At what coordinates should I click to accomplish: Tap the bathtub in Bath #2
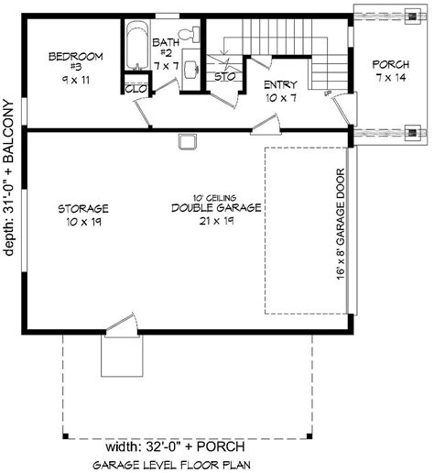point(136,46)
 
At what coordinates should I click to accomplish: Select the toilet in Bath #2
point(189,35)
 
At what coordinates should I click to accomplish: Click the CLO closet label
point(135,89)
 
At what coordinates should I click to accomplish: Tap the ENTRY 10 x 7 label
point(280,90)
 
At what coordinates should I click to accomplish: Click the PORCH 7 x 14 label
point(390,71)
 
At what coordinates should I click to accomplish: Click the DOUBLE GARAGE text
point(216,208)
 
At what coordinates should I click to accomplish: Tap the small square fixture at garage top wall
point(187,140)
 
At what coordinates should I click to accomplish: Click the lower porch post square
point(418,133)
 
